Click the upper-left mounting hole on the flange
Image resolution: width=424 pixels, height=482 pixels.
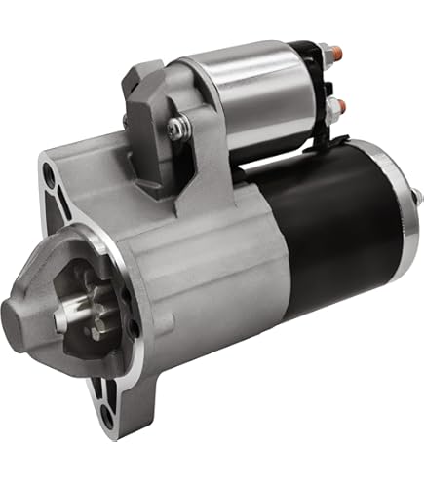[48, 175]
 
